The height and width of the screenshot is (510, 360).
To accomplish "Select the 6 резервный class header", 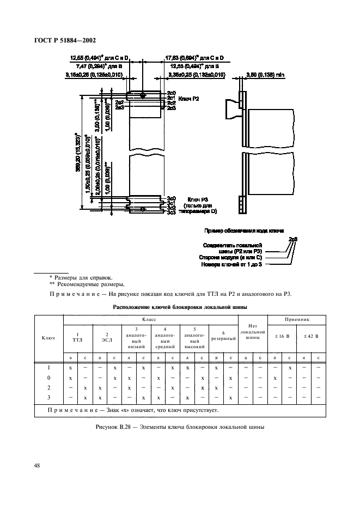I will [223, 336].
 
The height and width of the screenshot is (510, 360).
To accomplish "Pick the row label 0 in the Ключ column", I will [49, 377].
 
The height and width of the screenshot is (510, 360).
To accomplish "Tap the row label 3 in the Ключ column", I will [49, 397].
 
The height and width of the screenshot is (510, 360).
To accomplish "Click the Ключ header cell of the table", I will [48, 338].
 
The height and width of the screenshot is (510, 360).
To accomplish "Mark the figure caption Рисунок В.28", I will [179, 427].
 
